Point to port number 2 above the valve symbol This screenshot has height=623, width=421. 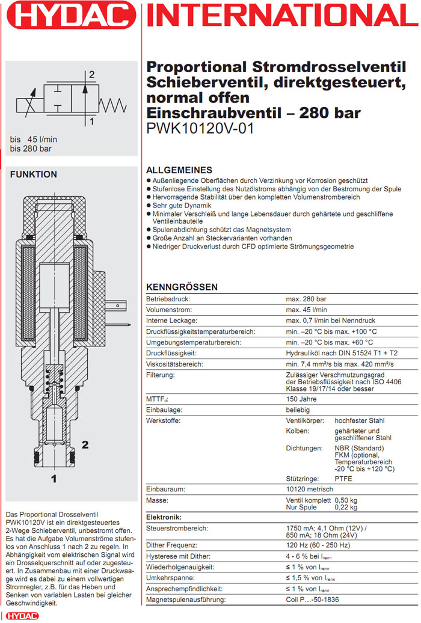click(91, 75)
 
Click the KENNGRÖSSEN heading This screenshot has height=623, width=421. click(182, 287)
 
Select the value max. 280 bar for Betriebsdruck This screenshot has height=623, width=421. click(306, 298)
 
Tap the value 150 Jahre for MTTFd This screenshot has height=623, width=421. click(302, 399)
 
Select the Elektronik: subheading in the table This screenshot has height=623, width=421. click(164, 517)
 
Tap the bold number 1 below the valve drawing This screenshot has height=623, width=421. click(54, 479)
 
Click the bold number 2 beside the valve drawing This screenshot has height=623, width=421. click(85, 445)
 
